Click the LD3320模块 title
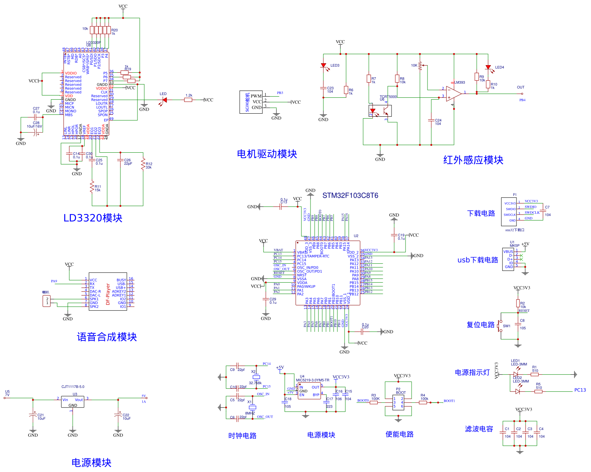(x=93, y=218)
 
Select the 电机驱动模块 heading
(x=267, y=154)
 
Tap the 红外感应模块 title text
(x=473, y=160)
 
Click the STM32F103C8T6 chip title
(x=350, y=195)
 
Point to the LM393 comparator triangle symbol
(x=453, y=93)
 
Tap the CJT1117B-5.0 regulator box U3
(x=73, y=402)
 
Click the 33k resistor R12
(x=143, y=164)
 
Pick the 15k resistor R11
(x=92, y=187)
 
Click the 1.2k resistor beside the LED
(x=189, y=100)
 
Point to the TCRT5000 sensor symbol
(x=380, y=111)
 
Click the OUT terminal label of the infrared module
(x=521, y=88)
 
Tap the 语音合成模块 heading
(x=107, y=337)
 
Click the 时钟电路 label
(x=242, y=436)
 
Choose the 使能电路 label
(x=399, y=434)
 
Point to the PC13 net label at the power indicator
(x=580, y=390)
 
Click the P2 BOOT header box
(x=398, y=402)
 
